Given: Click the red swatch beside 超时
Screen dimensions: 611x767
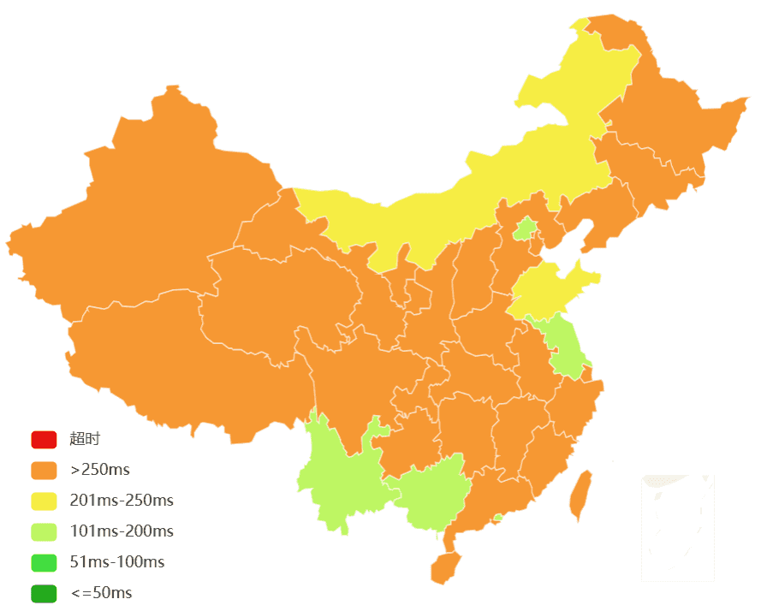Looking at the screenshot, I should point(44,439).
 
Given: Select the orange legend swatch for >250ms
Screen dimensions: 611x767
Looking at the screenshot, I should point(44,470).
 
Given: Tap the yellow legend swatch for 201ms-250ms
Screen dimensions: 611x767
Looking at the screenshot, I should point(44,501).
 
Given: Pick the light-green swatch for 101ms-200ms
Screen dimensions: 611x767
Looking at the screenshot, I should point(44,531).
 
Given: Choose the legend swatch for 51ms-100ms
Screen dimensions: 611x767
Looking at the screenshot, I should point(44,562).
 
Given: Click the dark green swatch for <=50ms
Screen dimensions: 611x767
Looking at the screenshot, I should point(44,593).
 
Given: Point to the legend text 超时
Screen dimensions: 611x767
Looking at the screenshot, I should point(85,439).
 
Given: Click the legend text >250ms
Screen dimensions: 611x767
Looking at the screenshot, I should point(100,470).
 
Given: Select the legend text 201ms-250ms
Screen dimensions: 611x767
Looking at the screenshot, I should point(122,501).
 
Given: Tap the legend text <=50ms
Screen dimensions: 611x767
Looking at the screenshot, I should point(101,593).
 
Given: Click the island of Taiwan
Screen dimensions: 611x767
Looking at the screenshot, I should point(581,495).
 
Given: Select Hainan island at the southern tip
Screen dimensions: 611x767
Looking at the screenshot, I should point(445,567).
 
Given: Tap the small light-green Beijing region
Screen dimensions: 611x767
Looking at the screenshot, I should point(525,228).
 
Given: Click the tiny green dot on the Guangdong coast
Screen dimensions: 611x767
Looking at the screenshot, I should point(498,518).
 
